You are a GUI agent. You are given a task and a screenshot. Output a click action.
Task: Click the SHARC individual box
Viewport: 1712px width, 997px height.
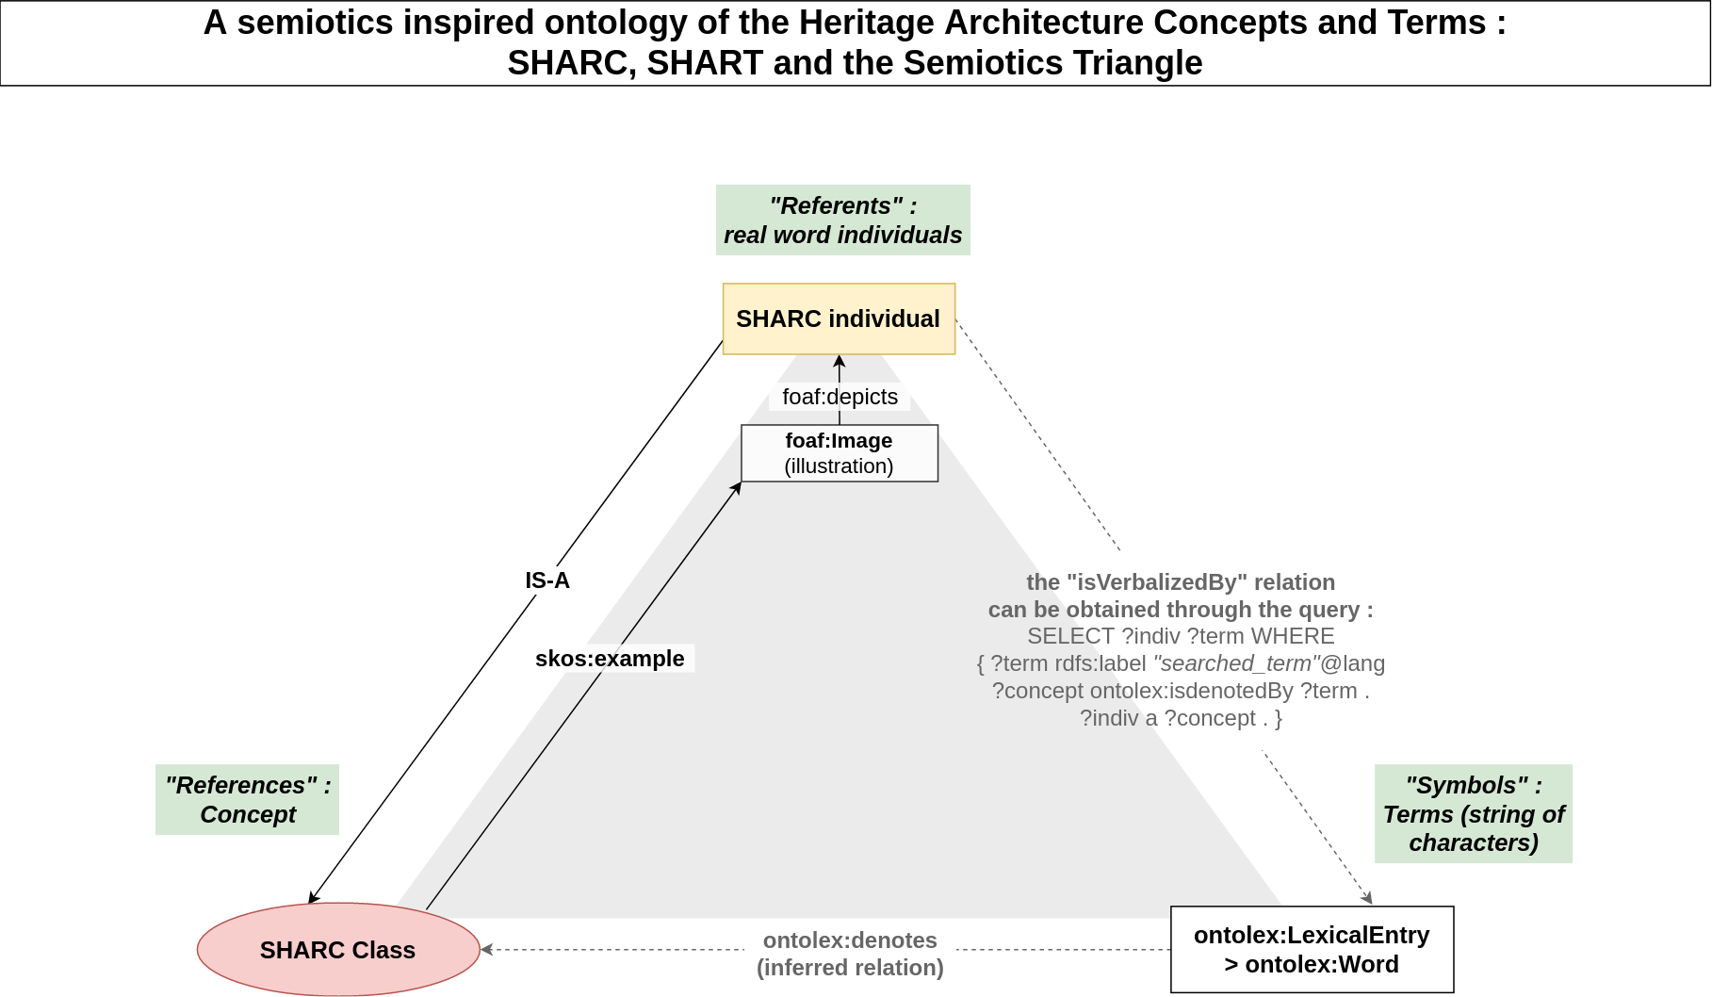(839, 319)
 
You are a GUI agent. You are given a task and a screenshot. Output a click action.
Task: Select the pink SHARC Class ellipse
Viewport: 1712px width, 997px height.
(338, 949)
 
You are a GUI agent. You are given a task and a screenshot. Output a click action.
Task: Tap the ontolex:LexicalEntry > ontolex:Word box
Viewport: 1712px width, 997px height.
(1312, 949)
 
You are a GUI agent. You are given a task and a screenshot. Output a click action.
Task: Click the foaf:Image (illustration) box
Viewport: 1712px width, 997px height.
(840, 453)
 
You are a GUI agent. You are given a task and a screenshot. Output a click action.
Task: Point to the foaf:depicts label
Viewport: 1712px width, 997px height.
(840, 397)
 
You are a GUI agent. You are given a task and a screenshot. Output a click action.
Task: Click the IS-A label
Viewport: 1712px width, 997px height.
(547, 580)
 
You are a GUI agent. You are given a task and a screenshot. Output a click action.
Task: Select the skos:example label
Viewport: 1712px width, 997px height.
(610, 659)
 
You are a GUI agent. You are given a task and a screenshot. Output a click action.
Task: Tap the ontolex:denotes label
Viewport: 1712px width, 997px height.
(850, 940)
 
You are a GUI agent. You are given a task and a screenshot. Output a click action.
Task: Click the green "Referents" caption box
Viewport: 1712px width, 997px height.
(843, 220)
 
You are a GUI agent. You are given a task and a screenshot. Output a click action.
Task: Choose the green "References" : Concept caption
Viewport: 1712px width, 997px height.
(247, 799)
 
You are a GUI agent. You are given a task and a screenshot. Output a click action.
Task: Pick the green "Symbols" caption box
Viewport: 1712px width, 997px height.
(1474, 813)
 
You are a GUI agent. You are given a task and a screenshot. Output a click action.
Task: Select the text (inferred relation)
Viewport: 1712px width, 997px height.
(850, 968)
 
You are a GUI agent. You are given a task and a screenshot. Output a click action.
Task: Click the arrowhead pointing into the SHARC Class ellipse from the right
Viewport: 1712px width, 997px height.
(486, 949)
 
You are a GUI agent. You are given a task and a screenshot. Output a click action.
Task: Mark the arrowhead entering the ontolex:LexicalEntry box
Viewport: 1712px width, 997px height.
(1368, 899)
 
